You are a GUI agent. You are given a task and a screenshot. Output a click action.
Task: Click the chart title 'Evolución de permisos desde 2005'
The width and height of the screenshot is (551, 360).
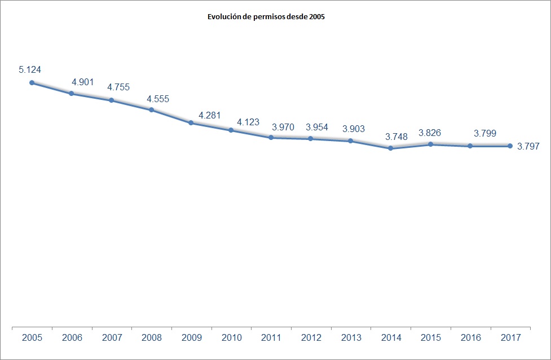coord(267,17)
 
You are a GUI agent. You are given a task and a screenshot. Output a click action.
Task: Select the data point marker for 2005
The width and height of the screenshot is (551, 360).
coord(32,82)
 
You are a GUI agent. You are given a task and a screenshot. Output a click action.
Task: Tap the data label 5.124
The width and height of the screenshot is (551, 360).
coord(30,69)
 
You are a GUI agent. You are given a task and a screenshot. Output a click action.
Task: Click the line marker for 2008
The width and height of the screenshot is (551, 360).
coord(152,109)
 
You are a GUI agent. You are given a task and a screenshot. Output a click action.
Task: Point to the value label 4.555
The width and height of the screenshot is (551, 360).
coord(158,99)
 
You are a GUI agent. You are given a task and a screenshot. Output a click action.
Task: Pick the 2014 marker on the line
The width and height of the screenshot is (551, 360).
coord(390,148)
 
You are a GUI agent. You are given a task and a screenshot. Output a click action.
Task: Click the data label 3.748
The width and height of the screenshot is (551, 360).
coord(396,137)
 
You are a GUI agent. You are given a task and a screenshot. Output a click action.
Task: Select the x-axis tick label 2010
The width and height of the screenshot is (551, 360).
coord(232,338)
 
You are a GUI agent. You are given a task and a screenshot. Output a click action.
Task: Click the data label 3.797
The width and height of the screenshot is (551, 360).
coord(528,147)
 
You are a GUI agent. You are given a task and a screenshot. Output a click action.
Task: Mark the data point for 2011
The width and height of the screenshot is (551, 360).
coord(271,137)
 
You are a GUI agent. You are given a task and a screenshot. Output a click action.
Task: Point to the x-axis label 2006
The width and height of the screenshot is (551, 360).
coord(72,338)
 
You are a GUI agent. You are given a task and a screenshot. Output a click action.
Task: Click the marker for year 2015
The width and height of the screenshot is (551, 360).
coord(430,144)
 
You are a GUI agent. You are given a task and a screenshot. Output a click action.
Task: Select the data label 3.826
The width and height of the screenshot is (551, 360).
coord(430,133)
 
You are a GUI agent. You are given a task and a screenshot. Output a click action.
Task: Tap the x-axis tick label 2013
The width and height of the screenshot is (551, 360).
coord(351,338)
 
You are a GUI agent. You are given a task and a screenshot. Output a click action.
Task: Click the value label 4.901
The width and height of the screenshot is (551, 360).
coord(83,82)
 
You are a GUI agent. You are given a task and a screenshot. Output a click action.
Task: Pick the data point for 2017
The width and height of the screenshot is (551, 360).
coord(510,146)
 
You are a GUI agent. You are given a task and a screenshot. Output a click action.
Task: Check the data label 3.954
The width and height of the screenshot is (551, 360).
coord(317,127)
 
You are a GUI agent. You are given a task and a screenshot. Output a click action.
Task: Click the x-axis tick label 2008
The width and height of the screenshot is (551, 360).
coord(152,338)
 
